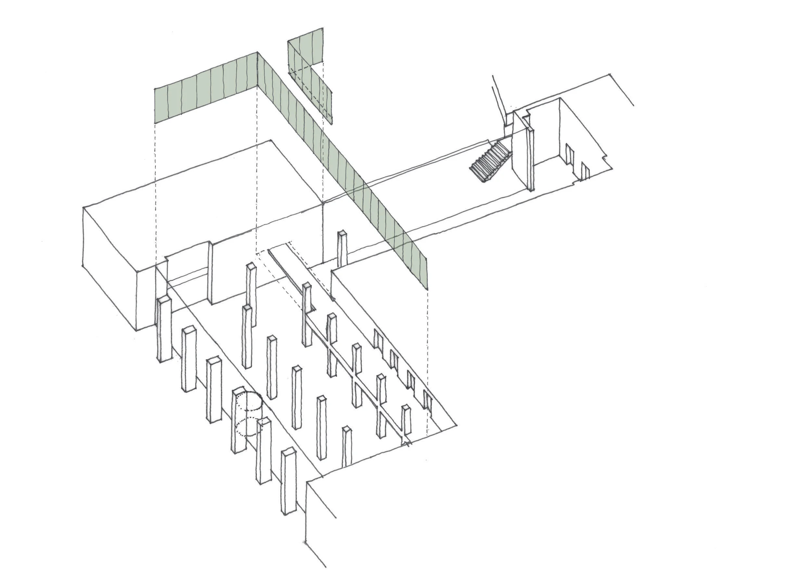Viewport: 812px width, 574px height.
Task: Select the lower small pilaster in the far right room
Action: pos(585,171)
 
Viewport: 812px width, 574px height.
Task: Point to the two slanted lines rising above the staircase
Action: pos(499,99)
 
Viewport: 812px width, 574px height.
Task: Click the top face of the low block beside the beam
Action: pos(375,283)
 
